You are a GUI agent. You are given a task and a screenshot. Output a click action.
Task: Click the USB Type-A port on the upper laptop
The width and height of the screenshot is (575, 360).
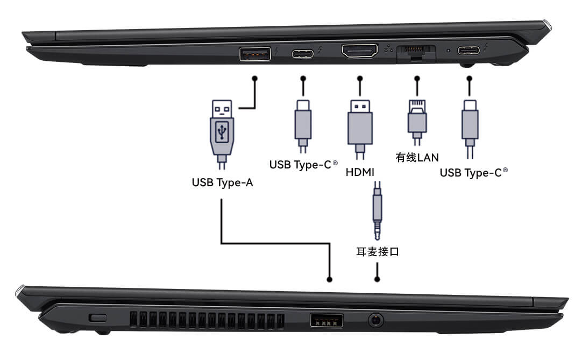[x=254, y=54]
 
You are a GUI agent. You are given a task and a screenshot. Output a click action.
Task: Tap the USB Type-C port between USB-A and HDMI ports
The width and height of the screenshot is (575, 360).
[x=303, y=54]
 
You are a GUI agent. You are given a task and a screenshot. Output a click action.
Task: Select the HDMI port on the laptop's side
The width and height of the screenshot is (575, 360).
[x=359, y=52]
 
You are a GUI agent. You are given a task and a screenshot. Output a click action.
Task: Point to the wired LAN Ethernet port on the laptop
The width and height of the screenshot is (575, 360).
[x=415, y=53]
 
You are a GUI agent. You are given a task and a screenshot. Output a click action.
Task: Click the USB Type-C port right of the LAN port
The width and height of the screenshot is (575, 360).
[x=468, y=51]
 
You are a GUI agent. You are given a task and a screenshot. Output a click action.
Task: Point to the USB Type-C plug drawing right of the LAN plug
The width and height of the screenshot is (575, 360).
[x=470, y=124]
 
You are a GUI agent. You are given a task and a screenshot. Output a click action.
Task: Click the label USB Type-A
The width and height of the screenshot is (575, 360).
[x=222, y=183]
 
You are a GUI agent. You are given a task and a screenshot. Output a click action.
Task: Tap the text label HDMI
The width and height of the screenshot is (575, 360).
[x=360, y=172]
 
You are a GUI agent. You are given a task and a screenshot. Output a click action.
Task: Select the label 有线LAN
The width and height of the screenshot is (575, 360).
[x=417, y=158]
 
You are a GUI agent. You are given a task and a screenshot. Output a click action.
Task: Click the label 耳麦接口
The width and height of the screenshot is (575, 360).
[x=378, y=251]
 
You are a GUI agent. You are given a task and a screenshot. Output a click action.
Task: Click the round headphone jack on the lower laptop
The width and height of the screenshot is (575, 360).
[x=376, y=321]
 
